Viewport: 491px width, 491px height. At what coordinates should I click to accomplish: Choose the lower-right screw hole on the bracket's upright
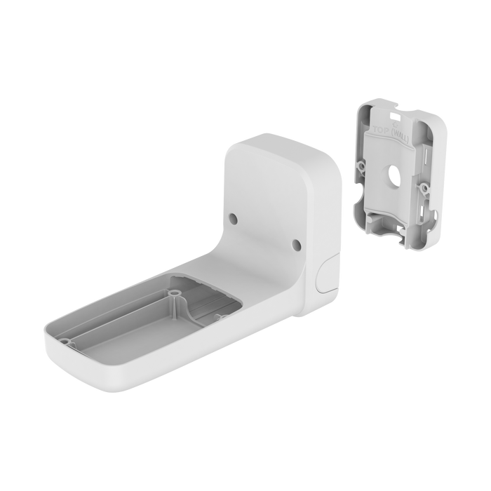coord(295,245)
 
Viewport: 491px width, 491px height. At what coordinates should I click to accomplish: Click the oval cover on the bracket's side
coord(325,274)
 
